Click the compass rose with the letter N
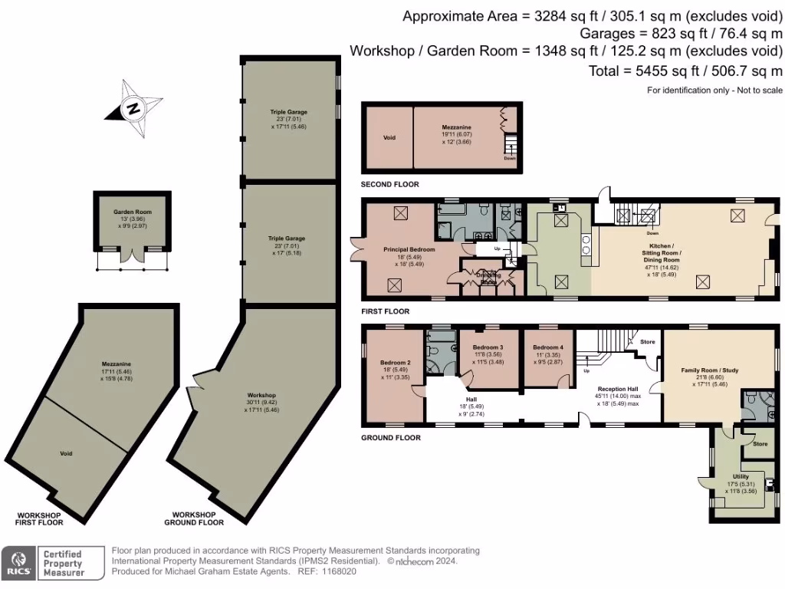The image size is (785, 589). click(133, 108)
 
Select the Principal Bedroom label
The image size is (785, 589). click(409, 250)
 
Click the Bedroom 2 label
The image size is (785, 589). click(396, 363)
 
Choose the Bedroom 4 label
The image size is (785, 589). click(547, 347)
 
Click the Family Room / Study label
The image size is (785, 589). click(709, 371)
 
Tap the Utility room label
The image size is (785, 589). click(741, 476)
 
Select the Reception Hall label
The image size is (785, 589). click(618, 389)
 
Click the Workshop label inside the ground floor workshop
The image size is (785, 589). click(261, 395)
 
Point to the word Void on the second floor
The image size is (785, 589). click(389, 138)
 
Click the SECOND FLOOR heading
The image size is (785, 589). click(390, 185)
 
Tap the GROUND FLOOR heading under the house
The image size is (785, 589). click(391, 438)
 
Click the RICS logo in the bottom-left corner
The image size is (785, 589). click(18, 562)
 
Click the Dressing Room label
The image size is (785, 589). click(488, 278)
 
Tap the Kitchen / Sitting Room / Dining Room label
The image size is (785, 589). click(660, 252)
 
